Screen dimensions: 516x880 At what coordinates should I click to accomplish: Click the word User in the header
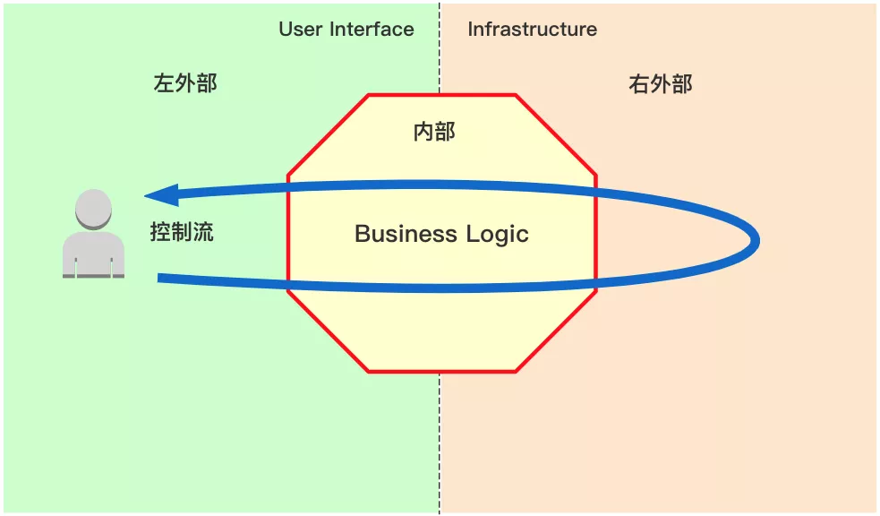(300, 29)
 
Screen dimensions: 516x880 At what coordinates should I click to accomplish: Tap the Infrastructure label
(532, 29)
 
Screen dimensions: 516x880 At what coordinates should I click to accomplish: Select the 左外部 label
(185, 84)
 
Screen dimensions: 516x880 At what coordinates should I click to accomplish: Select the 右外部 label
(661, 85)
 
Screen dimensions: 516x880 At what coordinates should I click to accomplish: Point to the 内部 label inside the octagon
(434, 133)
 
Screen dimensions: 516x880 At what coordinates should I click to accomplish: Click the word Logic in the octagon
(498, 235)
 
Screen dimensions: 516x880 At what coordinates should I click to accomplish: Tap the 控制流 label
(182, 233)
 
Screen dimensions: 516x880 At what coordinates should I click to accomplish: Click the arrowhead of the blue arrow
(161, 194)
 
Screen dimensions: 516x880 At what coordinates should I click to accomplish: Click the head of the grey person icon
(93, 209)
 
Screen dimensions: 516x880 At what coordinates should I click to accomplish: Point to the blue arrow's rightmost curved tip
(757, 240)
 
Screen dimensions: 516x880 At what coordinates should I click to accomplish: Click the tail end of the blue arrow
(161, 279)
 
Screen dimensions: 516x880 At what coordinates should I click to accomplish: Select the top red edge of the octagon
(441, 94)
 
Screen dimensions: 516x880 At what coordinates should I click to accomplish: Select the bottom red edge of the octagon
(441, 371)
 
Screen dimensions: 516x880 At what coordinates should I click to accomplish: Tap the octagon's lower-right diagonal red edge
(556, 331)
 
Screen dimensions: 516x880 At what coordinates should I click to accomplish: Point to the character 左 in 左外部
(164, 84)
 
